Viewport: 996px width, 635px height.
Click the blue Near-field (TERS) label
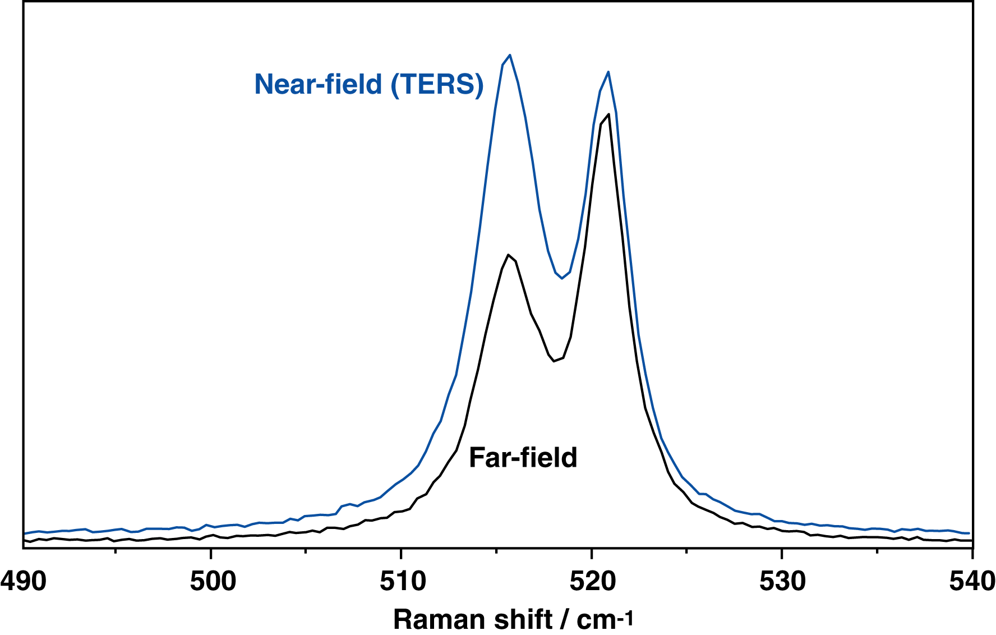[369, 85]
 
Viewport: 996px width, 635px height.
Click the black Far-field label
[523, 458]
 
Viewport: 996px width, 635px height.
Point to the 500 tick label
[213, 581]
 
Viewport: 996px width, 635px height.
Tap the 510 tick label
[402, 581]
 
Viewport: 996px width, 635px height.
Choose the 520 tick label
[592, 581]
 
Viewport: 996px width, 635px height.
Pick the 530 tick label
[782, 581]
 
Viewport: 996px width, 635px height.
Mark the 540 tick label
[971, 581]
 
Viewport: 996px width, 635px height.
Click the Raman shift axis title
[513, 619]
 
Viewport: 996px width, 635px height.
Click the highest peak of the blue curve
[510, 55]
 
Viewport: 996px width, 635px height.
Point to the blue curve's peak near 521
[608, 72]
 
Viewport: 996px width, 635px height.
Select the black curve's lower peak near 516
[508, 255]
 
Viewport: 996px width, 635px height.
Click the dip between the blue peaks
[562, 278]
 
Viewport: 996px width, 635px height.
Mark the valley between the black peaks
[554, 361]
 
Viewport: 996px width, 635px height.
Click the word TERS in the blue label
[437, 85]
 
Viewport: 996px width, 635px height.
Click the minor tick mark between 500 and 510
[306, 551]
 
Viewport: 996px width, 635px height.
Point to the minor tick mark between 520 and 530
[686, 551]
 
